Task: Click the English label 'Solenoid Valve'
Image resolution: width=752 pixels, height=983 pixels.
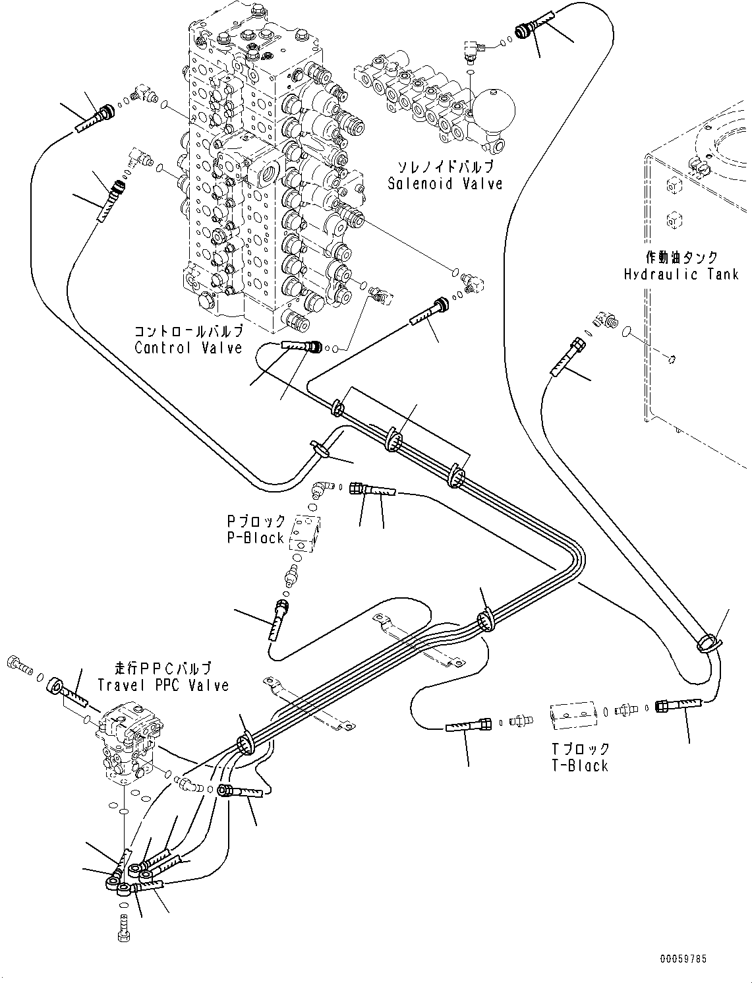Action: (x=445, y=184)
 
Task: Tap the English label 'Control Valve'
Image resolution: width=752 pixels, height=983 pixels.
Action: (x=188, y=347)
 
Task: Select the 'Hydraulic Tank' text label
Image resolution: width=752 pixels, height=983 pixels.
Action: (x=681, y=274)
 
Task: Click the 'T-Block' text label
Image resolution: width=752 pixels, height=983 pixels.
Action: (x=580, y=765)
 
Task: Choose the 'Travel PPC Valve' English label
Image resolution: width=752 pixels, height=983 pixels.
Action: (x=163, y=685)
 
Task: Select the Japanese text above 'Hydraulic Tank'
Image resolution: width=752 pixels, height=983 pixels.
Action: (x=681, y=256)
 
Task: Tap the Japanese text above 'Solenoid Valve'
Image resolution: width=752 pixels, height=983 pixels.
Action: (x=445, y=167)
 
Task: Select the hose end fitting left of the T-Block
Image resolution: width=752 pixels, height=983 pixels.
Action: (x=469, y=725)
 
